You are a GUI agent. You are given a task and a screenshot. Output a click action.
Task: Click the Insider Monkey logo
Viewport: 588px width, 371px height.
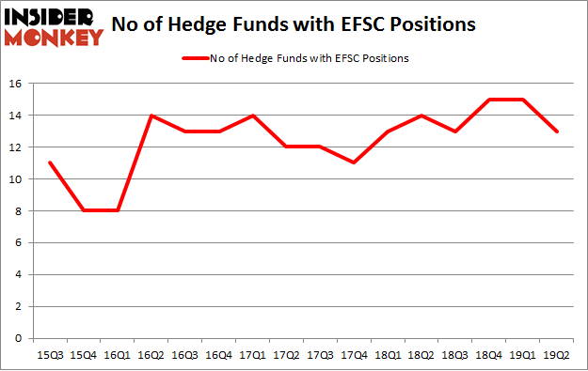tap(54, 25)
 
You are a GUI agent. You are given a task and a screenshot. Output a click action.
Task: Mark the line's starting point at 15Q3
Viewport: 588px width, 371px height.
tap(49, 163)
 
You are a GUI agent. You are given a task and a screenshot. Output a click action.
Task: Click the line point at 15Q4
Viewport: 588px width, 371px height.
tap(83, 211)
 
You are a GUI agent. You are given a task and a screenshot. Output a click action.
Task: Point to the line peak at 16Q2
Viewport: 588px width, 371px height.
tap(151, 116)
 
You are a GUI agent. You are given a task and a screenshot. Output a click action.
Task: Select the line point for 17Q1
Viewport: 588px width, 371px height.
tap(252, 116)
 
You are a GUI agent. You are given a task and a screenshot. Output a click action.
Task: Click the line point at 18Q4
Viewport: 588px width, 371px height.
tap(490, 100)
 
